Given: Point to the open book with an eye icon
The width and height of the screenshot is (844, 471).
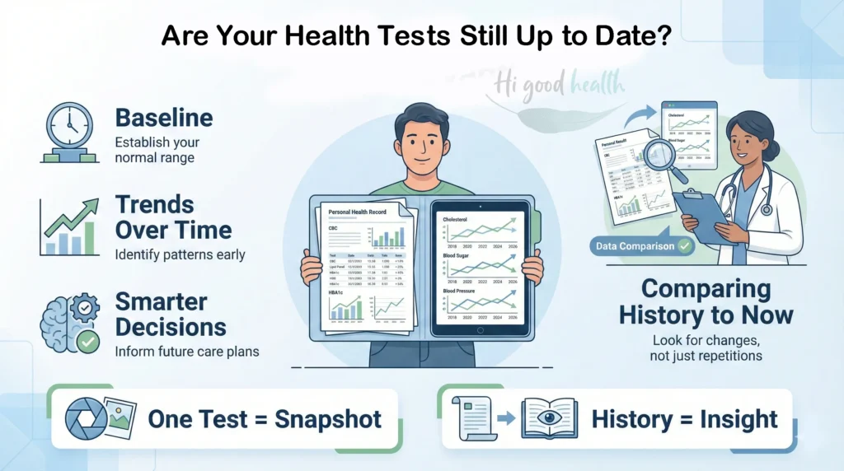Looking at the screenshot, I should tap(549, 418).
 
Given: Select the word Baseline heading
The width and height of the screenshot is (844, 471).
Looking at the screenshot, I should tap(164, 117).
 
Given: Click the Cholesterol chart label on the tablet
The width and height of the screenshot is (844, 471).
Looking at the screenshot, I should tap(455, 220).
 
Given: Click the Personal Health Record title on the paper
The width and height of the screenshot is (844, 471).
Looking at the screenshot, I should tap(356, 212).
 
